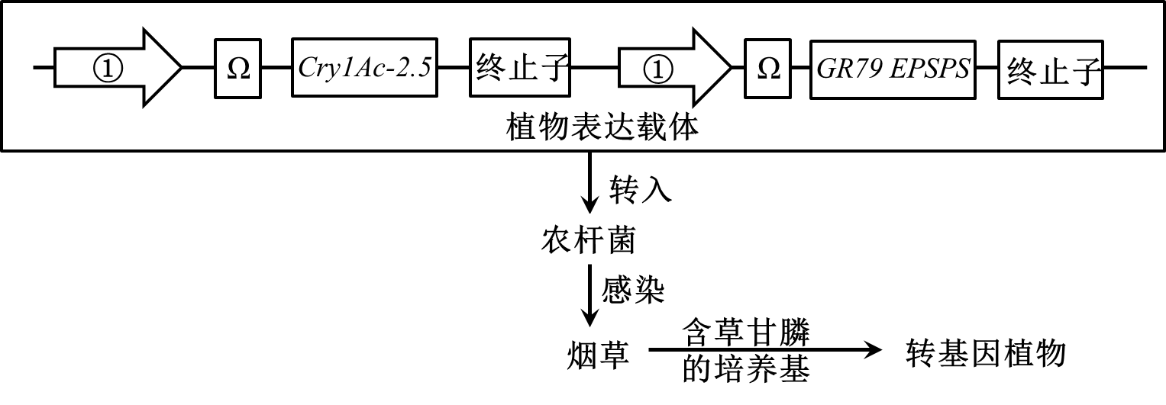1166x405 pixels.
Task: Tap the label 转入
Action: (x=641, y=189)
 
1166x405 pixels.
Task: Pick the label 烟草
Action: (x=599, y=355)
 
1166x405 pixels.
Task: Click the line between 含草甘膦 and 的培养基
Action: (x=748, y=350)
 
